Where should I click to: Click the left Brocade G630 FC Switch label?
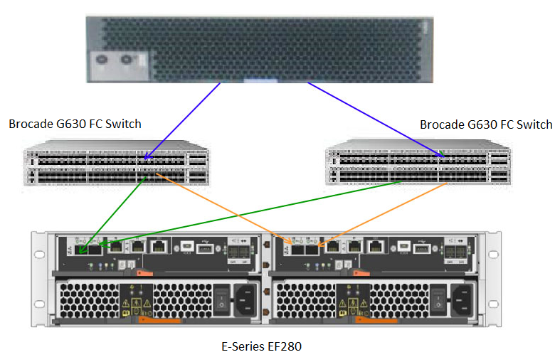pyautogui.click(x=75, y=124)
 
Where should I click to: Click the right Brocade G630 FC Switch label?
pyautogui.click(x=485, y=124)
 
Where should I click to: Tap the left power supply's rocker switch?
pyautogui.click(x=222, y=298)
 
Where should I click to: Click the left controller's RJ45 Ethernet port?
pyautogui.click(x=160, y=247)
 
